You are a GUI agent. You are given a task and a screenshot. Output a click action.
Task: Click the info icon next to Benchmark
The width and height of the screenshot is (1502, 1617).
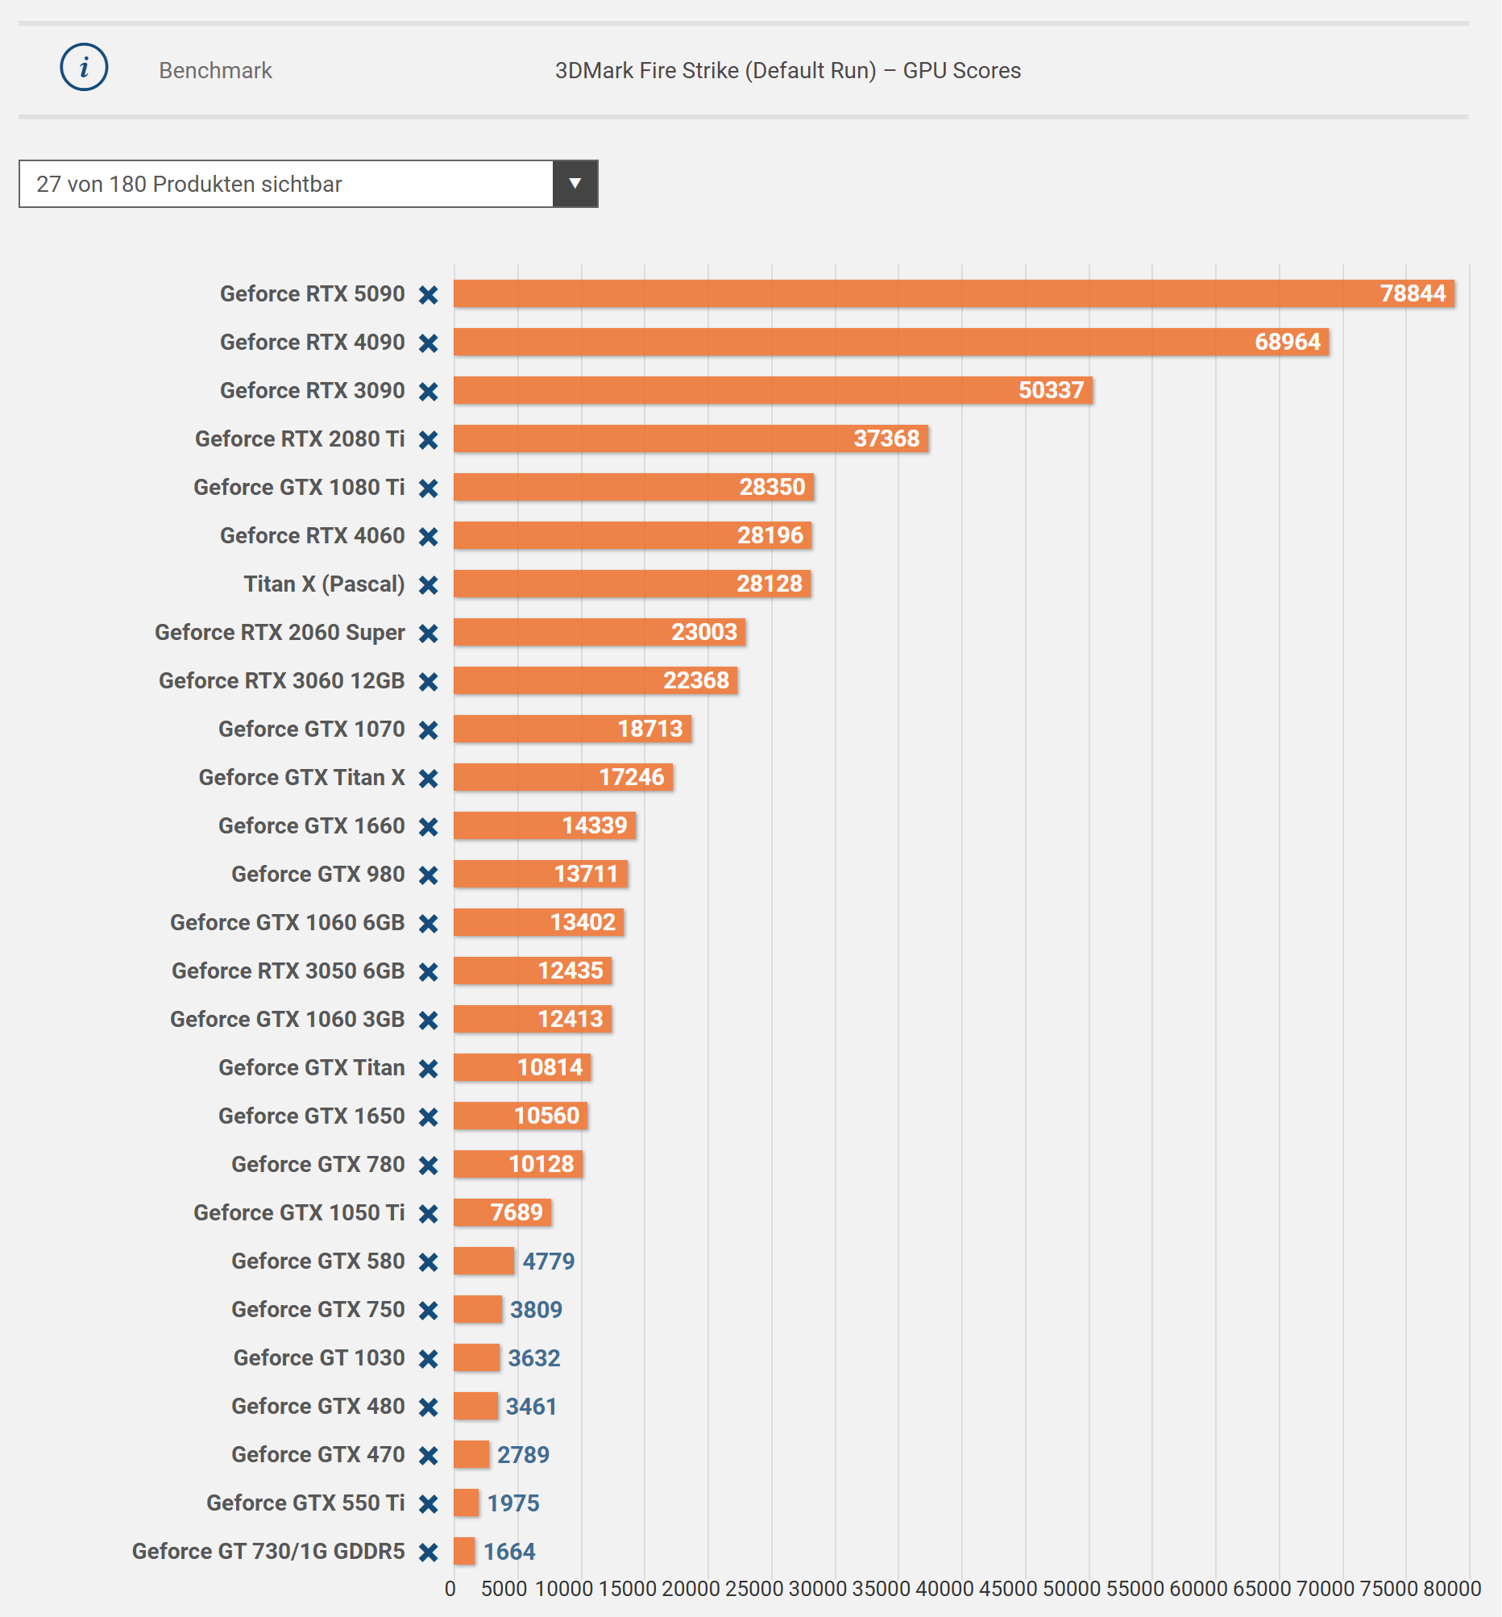click(x=84, y=68)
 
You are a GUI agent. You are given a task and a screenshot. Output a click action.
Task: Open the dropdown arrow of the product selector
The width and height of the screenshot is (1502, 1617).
click(x=575, y=184)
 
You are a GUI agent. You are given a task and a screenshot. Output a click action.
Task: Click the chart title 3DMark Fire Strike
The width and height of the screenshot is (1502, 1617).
click(x=786, y=71)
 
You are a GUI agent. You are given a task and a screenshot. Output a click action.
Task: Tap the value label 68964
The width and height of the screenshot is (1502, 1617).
click(x=1287, y=342)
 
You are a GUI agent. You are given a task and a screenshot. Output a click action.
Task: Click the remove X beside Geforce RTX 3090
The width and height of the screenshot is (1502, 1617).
click(x=429, y=391)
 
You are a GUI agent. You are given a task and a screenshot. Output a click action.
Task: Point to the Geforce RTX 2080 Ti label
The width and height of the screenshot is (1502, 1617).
click(x=299, y=439)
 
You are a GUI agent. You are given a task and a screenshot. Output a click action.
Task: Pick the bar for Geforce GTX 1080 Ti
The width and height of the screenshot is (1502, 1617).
click(x=633, y=487)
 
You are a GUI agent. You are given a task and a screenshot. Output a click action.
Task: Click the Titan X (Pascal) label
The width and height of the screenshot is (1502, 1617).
click(x=323, y=584)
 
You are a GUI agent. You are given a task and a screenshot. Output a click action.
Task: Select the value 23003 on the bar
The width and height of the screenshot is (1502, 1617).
click(x=703, y=632)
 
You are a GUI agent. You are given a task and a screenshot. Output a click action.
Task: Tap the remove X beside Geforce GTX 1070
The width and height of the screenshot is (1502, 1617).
click(x=429, y=730)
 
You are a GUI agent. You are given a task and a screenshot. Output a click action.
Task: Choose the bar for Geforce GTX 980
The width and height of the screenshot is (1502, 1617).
click(x=540, y=874)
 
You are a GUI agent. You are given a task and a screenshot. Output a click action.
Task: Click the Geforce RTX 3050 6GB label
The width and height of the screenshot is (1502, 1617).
click(x=288, y=971)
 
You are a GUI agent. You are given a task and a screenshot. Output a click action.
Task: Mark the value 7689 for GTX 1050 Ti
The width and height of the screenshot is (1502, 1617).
click(x=516, y=1212)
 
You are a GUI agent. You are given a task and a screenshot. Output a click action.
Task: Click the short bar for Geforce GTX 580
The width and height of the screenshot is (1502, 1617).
click(x=483, y=1261)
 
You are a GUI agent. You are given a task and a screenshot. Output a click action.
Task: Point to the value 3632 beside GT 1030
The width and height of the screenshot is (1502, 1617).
click(x=534, y=1357)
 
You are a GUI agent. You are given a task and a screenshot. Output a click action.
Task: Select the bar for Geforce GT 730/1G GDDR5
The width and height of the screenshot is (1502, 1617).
click(x=464, y=1551)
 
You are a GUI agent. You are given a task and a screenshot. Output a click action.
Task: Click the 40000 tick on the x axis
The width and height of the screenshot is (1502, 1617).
click(x=944, y=1589)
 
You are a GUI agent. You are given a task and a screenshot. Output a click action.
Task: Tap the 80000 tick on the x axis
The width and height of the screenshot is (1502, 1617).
click(x=1451, y=1589)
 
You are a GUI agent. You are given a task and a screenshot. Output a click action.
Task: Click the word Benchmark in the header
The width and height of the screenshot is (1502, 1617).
click(x=215, y=71)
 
